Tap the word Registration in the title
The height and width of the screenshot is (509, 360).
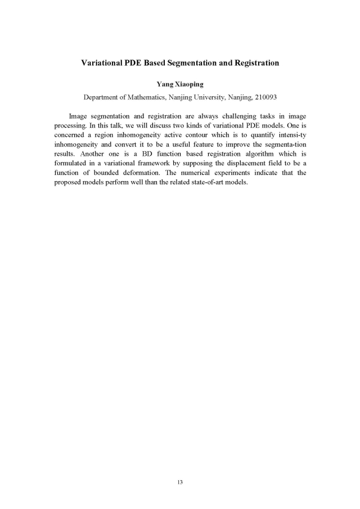click(x=254, y=63)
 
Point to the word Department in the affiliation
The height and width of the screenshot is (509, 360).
click(x=104, y=97)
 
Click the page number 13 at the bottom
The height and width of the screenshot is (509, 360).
click(x=180, y=483)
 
